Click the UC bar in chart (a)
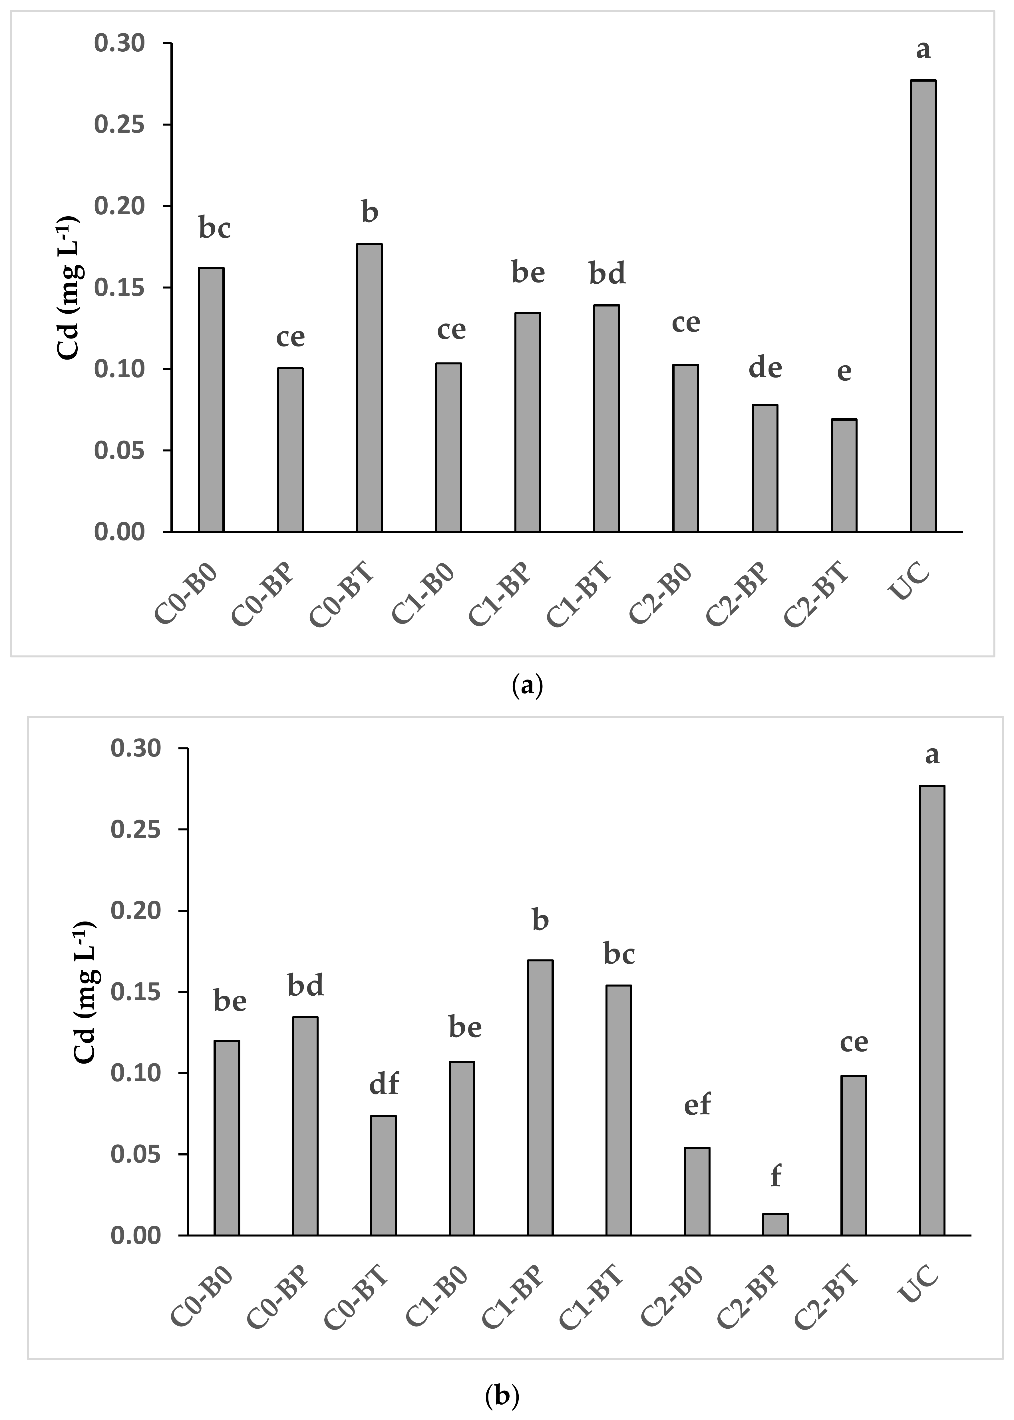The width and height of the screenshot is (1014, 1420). [x=923, y=306]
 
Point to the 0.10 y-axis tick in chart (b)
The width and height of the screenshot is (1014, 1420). [x=136, y=1073]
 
